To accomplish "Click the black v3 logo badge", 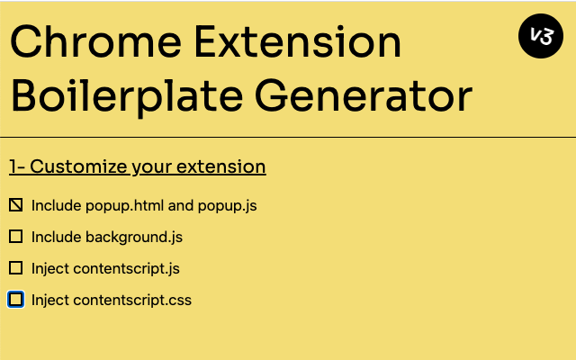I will [541, 37].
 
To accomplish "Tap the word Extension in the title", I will [301, 43].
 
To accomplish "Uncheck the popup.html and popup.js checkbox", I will [15, 205].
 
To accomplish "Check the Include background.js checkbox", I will [15, 237].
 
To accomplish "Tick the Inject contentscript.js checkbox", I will [15, 268].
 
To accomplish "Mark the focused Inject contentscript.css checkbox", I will [15, 299].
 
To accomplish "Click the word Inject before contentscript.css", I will [50, 300].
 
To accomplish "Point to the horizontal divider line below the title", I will [288, 137].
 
